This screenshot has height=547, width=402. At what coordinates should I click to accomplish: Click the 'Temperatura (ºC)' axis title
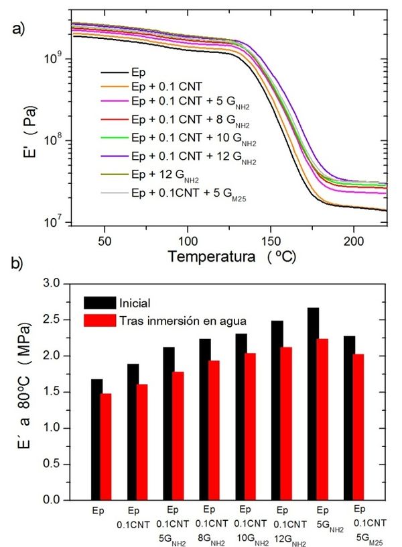[231, 256]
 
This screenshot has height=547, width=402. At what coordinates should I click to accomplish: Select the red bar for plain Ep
[105, 446]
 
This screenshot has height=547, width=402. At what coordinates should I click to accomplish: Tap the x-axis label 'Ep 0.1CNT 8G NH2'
[208, 521]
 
